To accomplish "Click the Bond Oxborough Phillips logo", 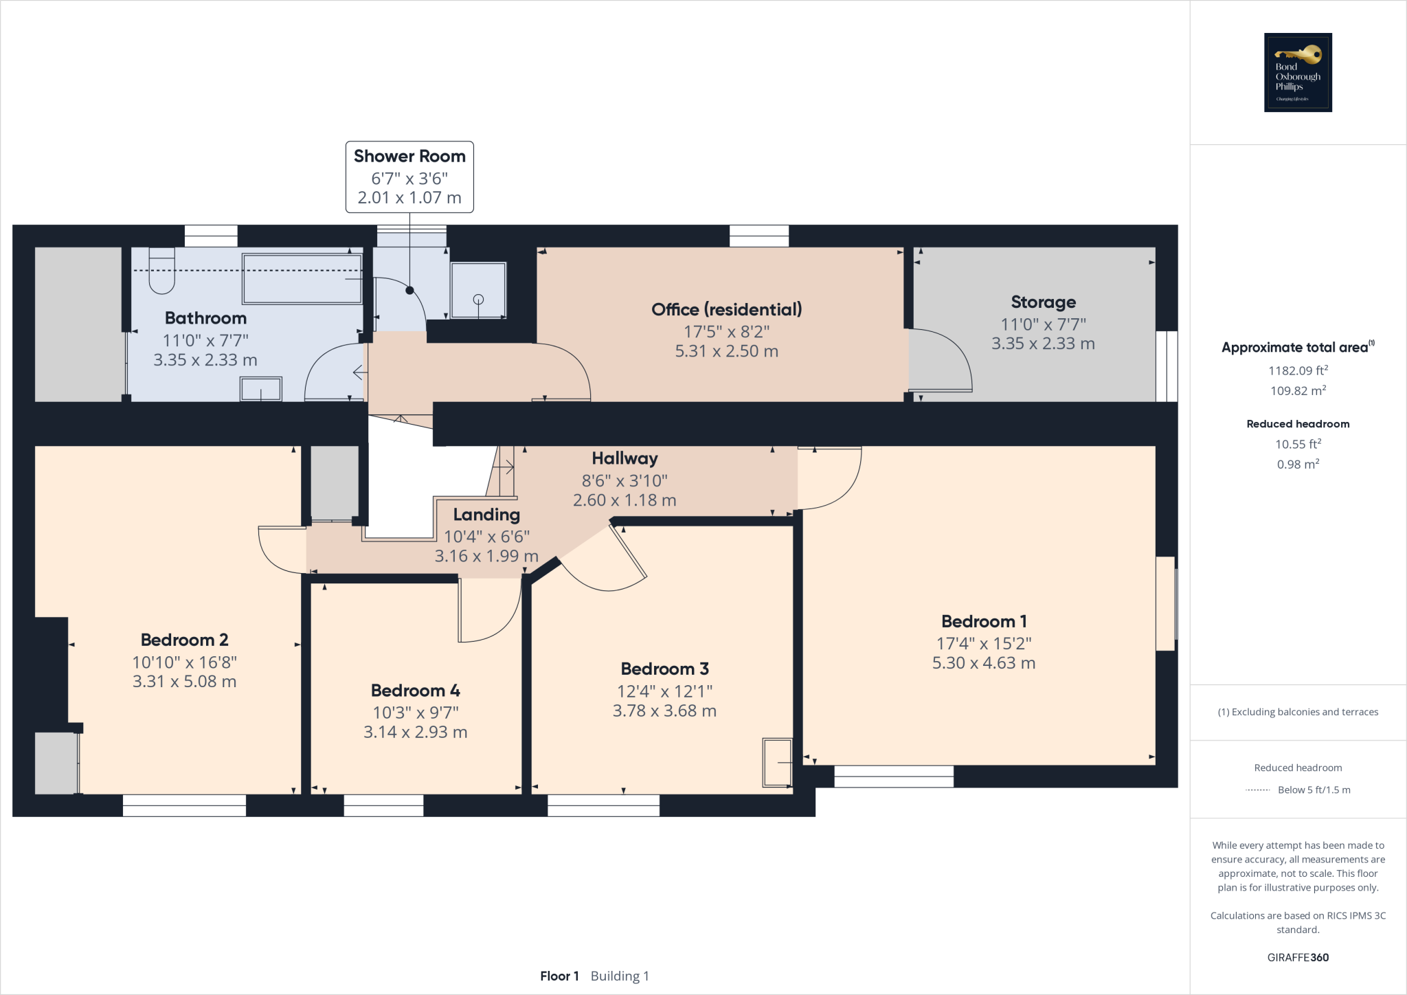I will click(x=1298, y=72).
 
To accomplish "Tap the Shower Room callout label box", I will click(x=409, y=177).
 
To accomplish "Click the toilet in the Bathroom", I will click(x=161, y=272).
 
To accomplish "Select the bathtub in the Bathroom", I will click(x=302, y=278).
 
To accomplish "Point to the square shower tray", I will click(x=478, y=290).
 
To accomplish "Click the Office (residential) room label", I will click(x=726, y=309).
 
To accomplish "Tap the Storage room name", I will click(x=1043, y=302).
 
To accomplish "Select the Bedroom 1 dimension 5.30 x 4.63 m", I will click(x=983, y=663).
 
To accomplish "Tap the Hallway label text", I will click(x=624, y=458).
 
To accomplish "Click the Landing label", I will click(x=486, y=515).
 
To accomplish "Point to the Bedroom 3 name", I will click(x=664, y=669).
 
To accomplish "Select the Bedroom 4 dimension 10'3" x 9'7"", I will click(x=416, y=713).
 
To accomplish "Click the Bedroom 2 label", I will click(x=184, y=640).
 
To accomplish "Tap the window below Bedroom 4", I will click(x=383, y=805).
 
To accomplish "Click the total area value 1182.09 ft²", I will click(x=1298, y=370).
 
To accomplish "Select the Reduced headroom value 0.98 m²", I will click(x=1298, y=465).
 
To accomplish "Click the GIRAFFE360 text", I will click(x=1298, y=957).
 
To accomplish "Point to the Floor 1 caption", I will click(x=559, y=976).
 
